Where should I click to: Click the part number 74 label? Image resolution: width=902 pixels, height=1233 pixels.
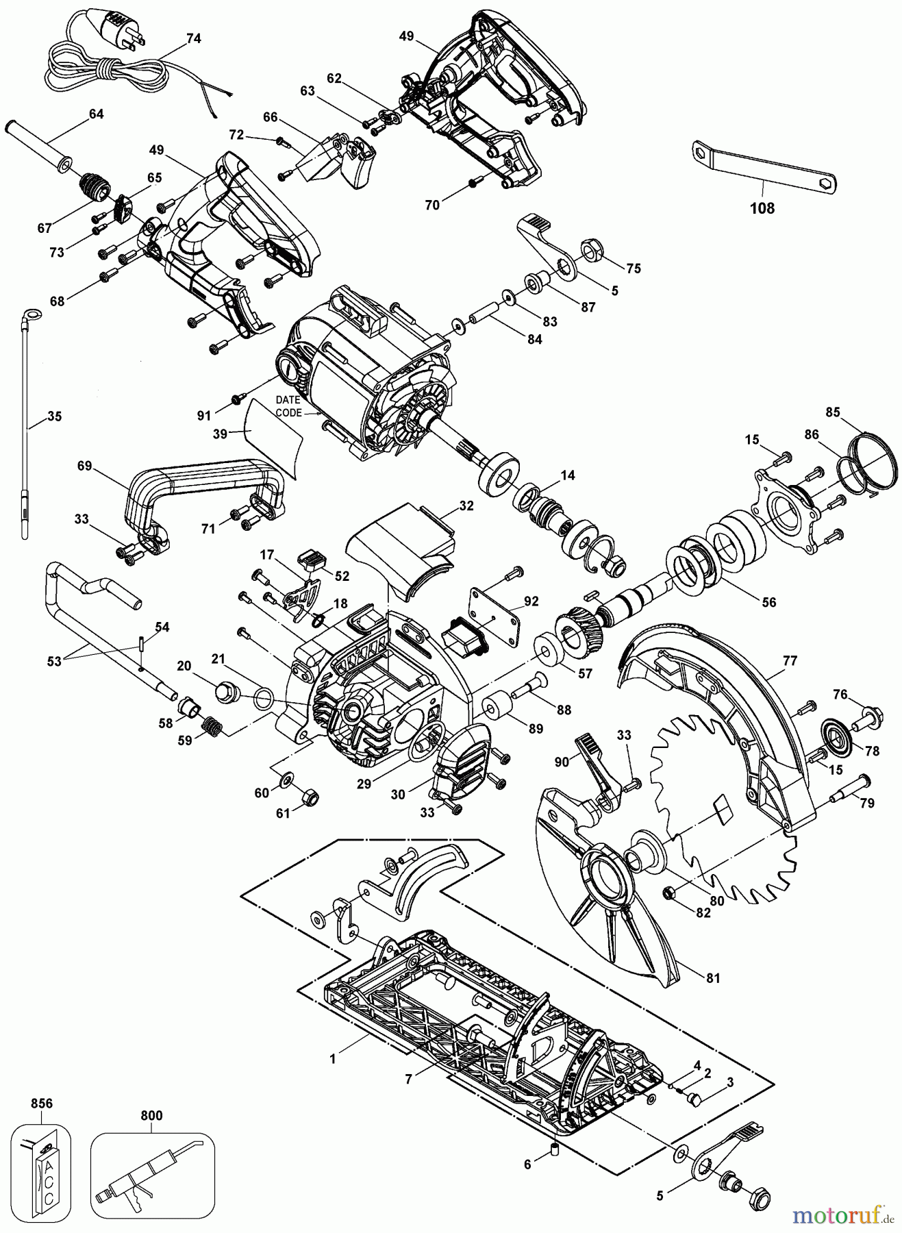pyautogui.click(x=194, y=39)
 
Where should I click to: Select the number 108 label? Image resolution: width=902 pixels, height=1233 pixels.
pyautogui.click(x=762, y=208)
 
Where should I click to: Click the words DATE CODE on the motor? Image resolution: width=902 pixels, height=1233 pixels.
pyautogui.click(x=288, y=406)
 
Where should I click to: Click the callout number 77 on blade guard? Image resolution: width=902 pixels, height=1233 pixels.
pyautogui.click(x=790, y=661)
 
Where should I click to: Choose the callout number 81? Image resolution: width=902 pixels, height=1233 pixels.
pyautogui.click(x=713, y=978)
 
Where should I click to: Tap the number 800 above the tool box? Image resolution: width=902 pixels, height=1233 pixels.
pyautogui.click(x=151, y=1116)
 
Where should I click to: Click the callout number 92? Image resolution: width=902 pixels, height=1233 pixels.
pyautogui.click(x=530, y=602)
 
